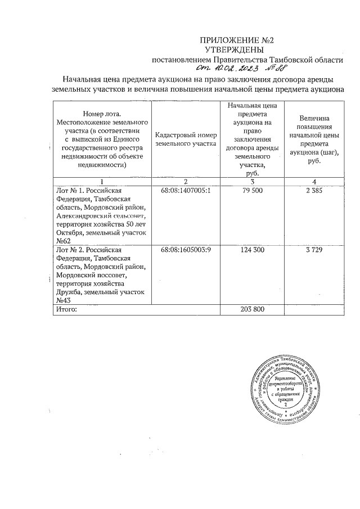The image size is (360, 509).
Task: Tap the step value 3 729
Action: click(x=314, y=250)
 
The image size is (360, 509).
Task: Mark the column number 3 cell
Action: click(x=253, y=181)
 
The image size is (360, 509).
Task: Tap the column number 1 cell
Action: click(x=102, y=181)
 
